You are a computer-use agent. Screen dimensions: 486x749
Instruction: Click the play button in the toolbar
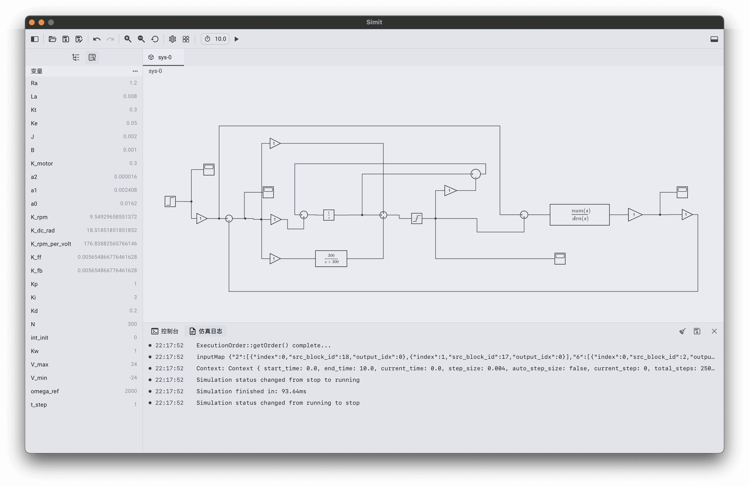[236, 39]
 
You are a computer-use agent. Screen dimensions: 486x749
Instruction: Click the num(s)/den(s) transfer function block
[579, 215]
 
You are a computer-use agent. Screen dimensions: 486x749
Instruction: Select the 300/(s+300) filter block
[331, 259]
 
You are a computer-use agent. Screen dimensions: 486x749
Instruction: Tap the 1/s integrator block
[328, 215]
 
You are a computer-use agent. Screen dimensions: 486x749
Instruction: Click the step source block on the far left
[170, 201]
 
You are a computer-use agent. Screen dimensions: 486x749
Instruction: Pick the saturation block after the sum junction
[417, 218]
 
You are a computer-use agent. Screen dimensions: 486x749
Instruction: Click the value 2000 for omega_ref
[131, 391]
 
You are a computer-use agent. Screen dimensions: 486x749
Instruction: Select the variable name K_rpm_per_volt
[51, 244]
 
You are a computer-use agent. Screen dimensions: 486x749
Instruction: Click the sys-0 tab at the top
[163, 57]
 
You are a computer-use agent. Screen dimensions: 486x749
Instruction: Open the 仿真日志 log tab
[206, 331]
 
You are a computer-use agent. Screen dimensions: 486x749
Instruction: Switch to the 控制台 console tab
[165, 331]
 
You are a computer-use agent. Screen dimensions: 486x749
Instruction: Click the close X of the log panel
[714, 331]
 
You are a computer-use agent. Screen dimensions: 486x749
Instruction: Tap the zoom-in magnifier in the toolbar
[128, 39]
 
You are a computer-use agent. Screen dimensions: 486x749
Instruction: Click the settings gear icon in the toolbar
[172, 39]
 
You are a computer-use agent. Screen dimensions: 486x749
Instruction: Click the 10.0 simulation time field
[220, 39]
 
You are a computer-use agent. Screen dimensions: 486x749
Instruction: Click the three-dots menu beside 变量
[135, 71]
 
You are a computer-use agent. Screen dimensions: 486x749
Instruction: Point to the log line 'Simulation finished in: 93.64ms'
[251, 391]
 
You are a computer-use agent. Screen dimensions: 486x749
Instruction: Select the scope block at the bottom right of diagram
[560, 258]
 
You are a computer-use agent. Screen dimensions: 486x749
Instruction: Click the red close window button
[32, 23]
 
